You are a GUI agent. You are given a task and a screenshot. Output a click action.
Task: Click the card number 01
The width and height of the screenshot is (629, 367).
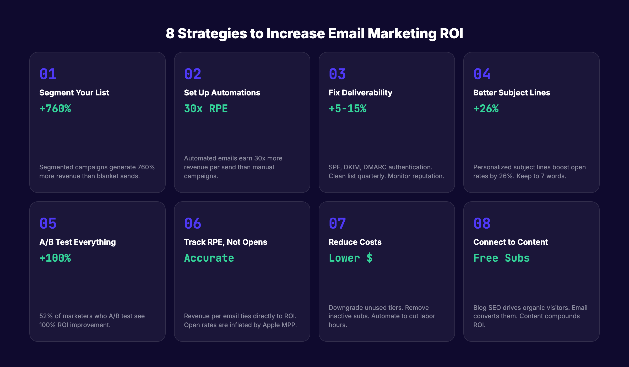48,74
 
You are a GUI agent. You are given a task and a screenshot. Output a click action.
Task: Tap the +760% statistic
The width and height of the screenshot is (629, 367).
55,109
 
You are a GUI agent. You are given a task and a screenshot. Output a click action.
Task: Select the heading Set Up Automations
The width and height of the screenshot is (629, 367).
222,93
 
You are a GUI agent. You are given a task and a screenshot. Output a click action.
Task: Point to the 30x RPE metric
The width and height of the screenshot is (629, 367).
206,109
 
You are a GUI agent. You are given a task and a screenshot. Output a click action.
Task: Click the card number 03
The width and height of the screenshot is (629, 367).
337,74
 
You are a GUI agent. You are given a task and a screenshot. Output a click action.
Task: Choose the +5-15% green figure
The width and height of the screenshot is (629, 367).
348,109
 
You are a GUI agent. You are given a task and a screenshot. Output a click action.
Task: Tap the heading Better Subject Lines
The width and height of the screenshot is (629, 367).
512,93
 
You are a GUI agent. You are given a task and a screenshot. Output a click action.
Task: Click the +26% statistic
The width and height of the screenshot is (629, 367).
486,109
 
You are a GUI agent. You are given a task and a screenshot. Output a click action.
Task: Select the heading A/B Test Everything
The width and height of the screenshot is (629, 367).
78,242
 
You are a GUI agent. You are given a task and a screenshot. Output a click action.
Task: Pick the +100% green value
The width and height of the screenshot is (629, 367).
55,258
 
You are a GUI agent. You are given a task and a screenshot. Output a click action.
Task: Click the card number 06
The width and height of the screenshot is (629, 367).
193,223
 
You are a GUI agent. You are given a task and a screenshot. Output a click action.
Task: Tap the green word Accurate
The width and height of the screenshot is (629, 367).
209,258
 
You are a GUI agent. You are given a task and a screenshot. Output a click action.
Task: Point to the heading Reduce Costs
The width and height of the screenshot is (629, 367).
355,242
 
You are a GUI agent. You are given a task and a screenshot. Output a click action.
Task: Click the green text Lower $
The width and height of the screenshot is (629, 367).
351,258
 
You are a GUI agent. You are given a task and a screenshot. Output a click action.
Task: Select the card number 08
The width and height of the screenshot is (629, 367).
482,223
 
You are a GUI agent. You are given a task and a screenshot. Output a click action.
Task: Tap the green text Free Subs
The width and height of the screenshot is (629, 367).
501,258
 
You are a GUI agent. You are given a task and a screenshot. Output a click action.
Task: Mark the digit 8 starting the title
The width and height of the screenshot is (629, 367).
170,34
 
